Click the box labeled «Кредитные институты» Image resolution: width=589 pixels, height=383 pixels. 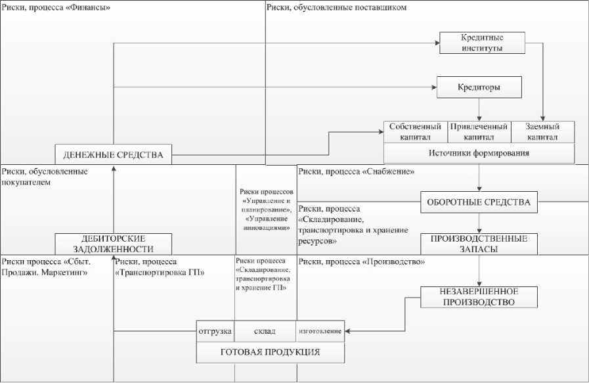pyautogui.click(x=482, y=43)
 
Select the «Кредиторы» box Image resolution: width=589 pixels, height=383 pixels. pyautogui.click(x=479, y=87)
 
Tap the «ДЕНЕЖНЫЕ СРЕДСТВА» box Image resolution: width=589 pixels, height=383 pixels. pyautogui.click(x=113, y=155)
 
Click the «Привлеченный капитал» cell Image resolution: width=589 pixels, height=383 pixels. pyautogui.click(x=479, y=132)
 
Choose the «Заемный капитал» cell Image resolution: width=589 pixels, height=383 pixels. pyautogui.click(x=542, y=132)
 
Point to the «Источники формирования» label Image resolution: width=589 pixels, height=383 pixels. pyautogui.click(x=479, y=153)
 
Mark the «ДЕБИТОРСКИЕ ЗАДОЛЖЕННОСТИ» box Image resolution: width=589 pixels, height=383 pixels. pyautogui.click(x=113, y=244)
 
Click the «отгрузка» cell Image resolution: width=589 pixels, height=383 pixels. pyautogui.click(x=215, y=331)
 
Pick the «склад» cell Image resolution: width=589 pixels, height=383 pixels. pyautogui.click(x=265, y=331)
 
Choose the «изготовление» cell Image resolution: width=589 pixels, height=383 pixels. pyautogui.click(x=320, y=331)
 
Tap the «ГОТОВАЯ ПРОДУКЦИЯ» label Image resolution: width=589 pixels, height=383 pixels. pyautogui.click(x=271, y=353)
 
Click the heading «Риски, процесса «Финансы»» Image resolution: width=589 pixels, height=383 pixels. pyautogui.click(x=56, y=8)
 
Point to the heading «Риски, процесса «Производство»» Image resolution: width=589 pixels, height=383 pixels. pyautogui.click(x=362, y=262)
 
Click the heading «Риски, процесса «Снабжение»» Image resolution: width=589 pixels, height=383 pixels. pyautogui.click(x=355, y=172)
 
